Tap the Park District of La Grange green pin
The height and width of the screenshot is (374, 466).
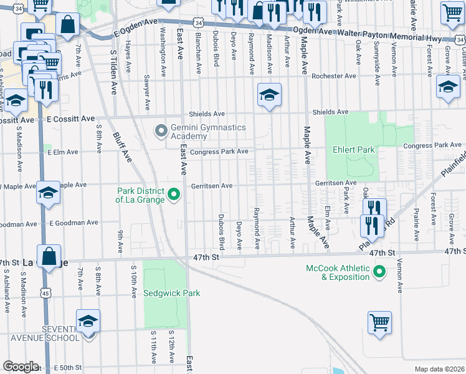(x=174, y=194)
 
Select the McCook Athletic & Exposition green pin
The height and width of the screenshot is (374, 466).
(x=378, y=271)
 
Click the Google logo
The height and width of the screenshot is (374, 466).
(x=21, y=367)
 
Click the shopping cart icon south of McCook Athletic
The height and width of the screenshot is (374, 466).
(x=379, y=323)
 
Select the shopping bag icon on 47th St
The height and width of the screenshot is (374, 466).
(x=49, y=256)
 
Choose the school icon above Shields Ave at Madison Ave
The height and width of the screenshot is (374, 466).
(x=269, y=95)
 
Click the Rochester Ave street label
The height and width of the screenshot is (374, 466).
(x=335, y=76)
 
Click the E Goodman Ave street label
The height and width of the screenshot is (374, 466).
(x=74, y=223)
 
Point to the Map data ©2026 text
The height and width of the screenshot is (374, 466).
(x=439, y=369)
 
